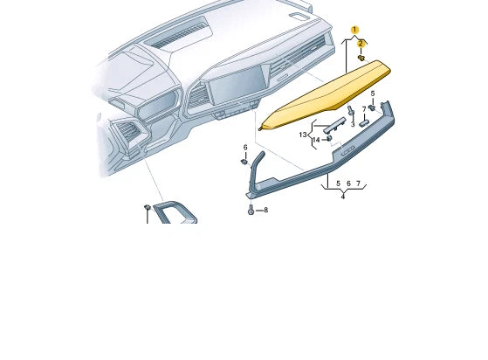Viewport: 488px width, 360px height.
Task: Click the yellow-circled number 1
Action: point(355,30)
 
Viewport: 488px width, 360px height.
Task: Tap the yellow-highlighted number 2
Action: point(361,43)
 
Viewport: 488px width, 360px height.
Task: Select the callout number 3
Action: point(353,124)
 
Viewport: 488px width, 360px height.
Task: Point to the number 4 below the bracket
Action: point(343,196)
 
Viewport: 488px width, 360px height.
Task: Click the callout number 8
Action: point(265,211)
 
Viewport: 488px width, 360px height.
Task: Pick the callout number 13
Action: point(303,135)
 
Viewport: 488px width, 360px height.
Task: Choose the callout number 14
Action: point(316,140)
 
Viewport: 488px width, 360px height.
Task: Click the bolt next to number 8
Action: point(251,211)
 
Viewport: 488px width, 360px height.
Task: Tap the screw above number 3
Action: point(350,111)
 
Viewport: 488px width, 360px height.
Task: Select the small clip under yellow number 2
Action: point(361,58)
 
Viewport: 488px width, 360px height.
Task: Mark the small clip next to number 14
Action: point(328,140)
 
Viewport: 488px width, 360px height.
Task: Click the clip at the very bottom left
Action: point(147,208)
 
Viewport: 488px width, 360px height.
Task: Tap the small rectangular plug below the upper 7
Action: point(366,123)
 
